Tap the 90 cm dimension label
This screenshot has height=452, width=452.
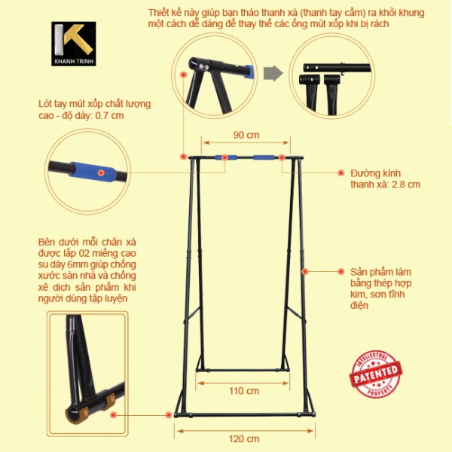tap(246, 135)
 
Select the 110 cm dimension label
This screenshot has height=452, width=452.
tap(244, 391)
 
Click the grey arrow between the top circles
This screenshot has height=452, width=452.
tap(275, 74)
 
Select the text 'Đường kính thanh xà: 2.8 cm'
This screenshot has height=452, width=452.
tap(384, 179)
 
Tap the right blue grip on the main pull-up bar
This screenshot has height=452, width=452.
tap(264, 157)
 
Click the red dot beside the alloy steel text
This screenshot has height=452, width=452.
tap(305, 270)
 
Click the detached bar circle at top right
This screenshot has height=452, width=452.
tap(331, 73)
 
